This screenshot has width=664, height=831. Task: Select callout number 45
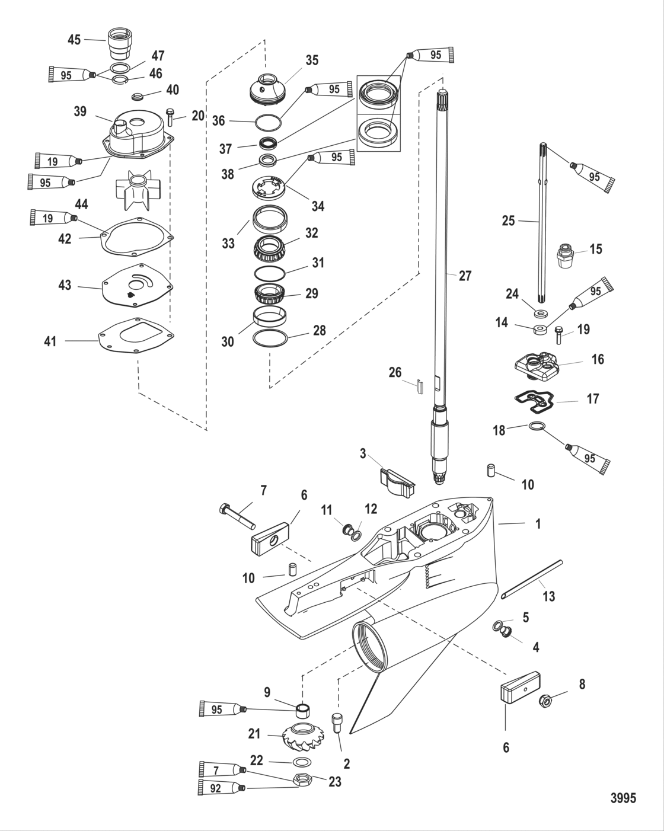click(74, 40)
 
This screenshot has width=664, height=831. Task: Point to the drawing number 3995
click(623, 798)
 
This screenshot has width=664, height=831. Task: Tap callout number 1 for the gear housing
click(538, 524)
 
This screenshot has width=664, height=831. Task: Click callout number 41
click(51, 341)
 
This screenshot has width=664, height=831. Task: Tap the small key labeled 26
click(419, 386)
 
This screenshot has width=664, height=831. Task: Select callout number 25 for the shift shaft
click(508, 221)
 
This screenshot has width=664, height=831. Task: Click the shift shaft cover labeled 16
click(537, 363)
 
